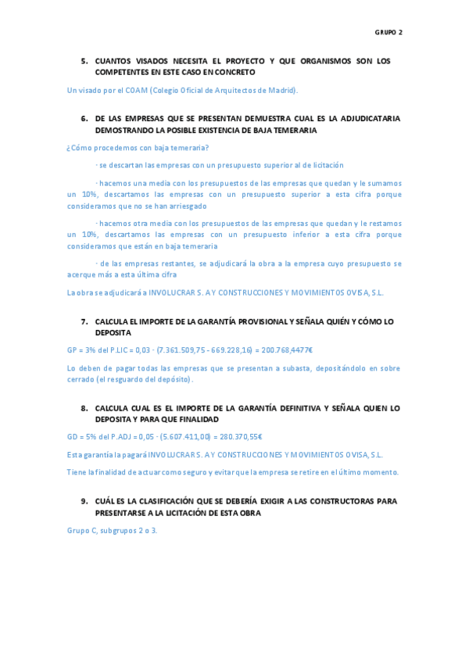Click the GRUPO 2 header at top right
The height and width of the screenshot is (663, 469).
(x=388, y=33)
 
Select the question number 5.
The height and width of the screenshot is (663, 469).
(x=84, y=61)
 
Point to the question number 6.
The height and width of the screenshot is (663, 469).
(x=84, y=118)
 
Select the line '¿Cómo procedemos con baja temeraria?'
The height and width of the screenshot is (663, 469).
(x=138, y=148)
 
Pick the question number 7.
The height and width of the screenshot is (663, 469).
(x=84, y=321)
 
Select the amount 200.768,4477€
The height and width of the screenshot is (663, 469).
(x=285, y=350)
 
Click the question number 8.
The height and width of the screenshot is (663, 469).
(x=84, y=408)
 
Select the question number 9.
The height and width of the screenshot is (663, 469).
(x=84, y=500)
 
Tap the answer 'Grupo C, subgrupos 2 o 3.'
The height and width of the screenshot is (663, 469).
(x=112, y=530)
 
